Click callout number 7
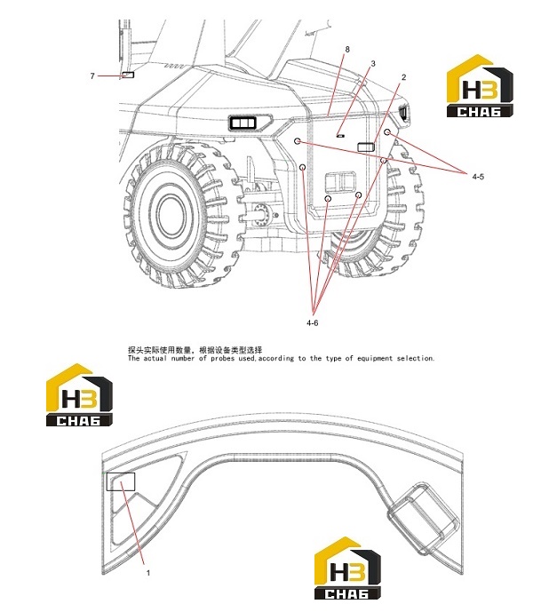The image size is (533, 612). click(x=92, y=76)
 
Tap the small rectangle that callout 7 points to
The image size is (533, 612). click(x=128, y=75)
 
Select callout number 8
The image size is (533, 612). click(x=347, y=50)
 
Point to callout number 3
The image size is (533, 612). click(x=373, y=63)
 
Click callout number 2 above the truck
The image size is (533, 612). click(x=404, y=77)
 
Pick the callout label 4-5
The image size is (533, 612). click(x=478, y=177)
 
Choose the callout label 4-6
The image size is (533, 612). click(x=312, y=322)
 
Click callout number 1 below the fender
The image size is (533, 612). click(x=148, y=573)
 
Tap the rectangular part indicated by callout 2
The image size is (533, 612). click(x=366, y=147)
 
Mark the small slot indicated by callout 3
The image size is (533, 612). click(x=340, y=136)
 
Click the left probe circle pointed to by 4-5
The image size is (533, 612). click(x=298, y=141)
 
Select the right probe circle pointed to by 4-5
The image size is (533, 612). click(x=387, y=132)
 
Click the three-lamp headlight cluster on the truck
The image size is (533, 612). click(x=243, y=123)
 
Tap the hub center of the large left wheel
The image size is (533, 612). click(x=171, y=214)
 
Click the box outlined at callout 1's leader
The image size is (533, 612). click(x=121, y=481)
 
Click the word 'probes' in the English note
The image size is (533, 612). click(x=223, y=358)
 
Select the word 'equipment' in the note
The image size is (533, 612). click(x=375, y=358)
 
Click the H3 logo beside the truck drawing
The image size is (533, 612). click(x=480, y=86)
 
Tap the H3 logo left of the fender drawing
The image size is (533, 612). click(x=80, y=395)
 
